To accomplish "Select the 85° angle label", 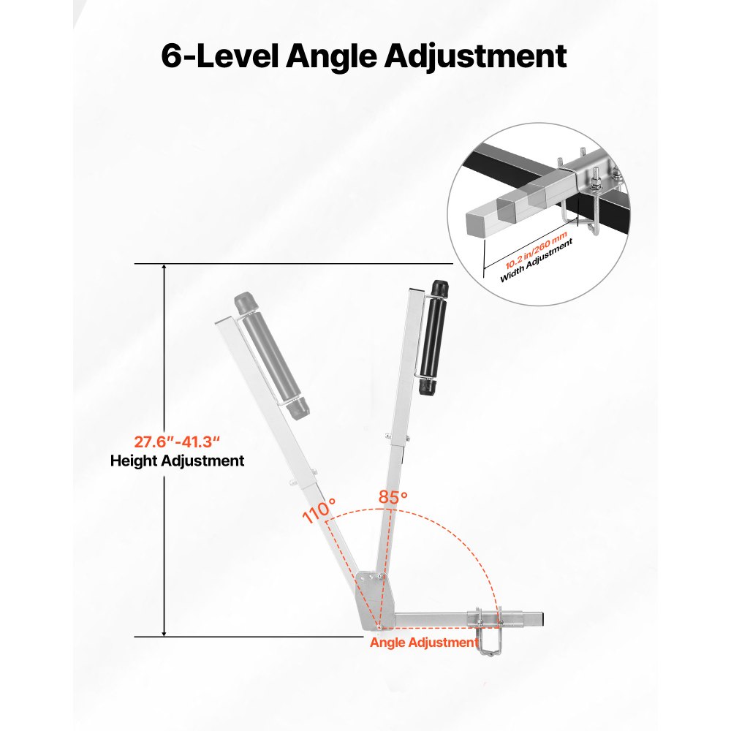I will [393, 497].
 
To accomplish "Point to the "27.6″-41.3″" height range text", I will [176, 442].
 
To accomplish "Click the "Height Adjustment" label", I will [177, 461].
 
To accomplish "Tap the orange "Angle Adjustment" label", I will [423, 643].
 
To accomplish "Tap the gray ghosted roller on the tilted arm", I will [268, 362].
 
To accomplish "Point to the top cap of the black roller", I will [439, 287].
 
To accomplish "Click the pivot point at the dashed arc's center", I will [379, 627].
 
